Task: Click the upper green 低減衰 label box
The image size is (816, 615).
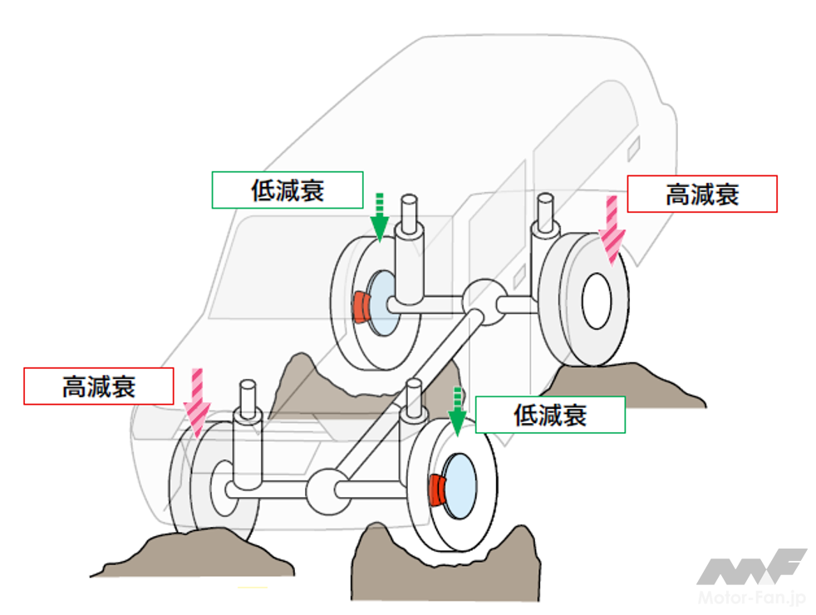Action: coord(287,189)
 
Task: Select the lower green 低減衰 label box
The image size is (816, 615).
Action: coord(550,414)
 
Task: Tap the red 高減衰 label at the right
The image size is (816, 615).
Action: coord(701,194)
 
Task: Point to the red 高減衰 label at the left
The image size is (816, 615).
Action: coord(98,386)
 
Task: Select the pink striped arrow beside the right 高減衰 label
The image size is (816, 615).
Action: coord(614,228)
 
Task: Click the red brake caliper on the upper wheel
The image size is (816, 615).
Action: coord(361,307)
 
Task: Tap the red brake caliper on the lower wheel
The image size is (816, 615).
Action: coord(436,490)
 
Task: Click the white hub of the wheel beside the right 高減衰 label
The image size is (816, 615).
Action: coord(596,299)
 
